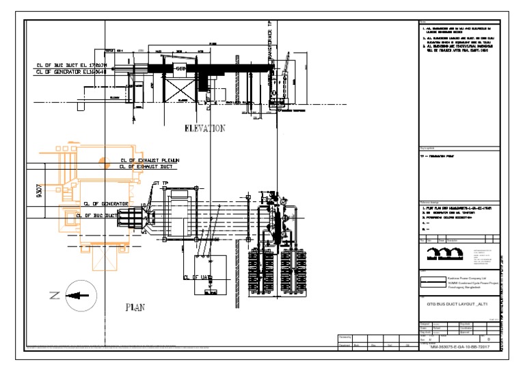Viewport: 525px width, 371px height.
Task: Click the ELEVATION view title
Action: tap(204, 128)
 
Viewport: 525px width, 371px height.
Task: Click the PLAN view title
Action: tap(135, 307)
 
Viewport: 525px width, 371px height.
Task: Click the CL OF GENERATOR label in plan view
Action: tap(106, 203)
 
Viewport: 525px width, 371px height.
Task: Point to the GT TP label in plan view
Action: tap(161, 183)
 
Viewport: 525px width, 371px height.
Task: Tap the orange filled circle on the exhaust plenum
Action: tap(104, 162)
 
